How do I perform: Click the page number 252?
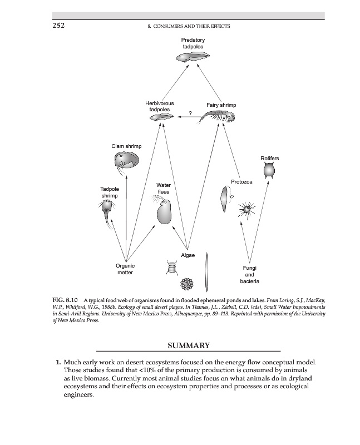tap(59, 26)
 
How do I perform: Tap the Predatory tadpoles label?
tap(193, 43)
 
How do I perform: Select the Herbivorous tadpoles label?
tap(159, 106)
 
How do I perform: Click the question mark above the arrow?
tap(190, 113)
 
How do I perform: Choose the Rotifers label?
tap(269, 159)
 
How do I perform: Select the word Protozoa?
tap(242, 182)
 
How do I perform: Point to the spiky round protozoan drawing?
tap(245, 209)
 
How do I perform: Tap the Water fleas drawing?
tap(164, 212)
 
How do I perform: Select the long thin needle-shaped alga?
tap(207, 269)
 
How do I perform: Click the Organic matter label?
tap(125, 269)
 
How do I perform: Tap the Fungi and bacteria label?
tap(250, 275)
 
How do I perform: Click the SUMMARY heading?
tap(188, 345)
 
